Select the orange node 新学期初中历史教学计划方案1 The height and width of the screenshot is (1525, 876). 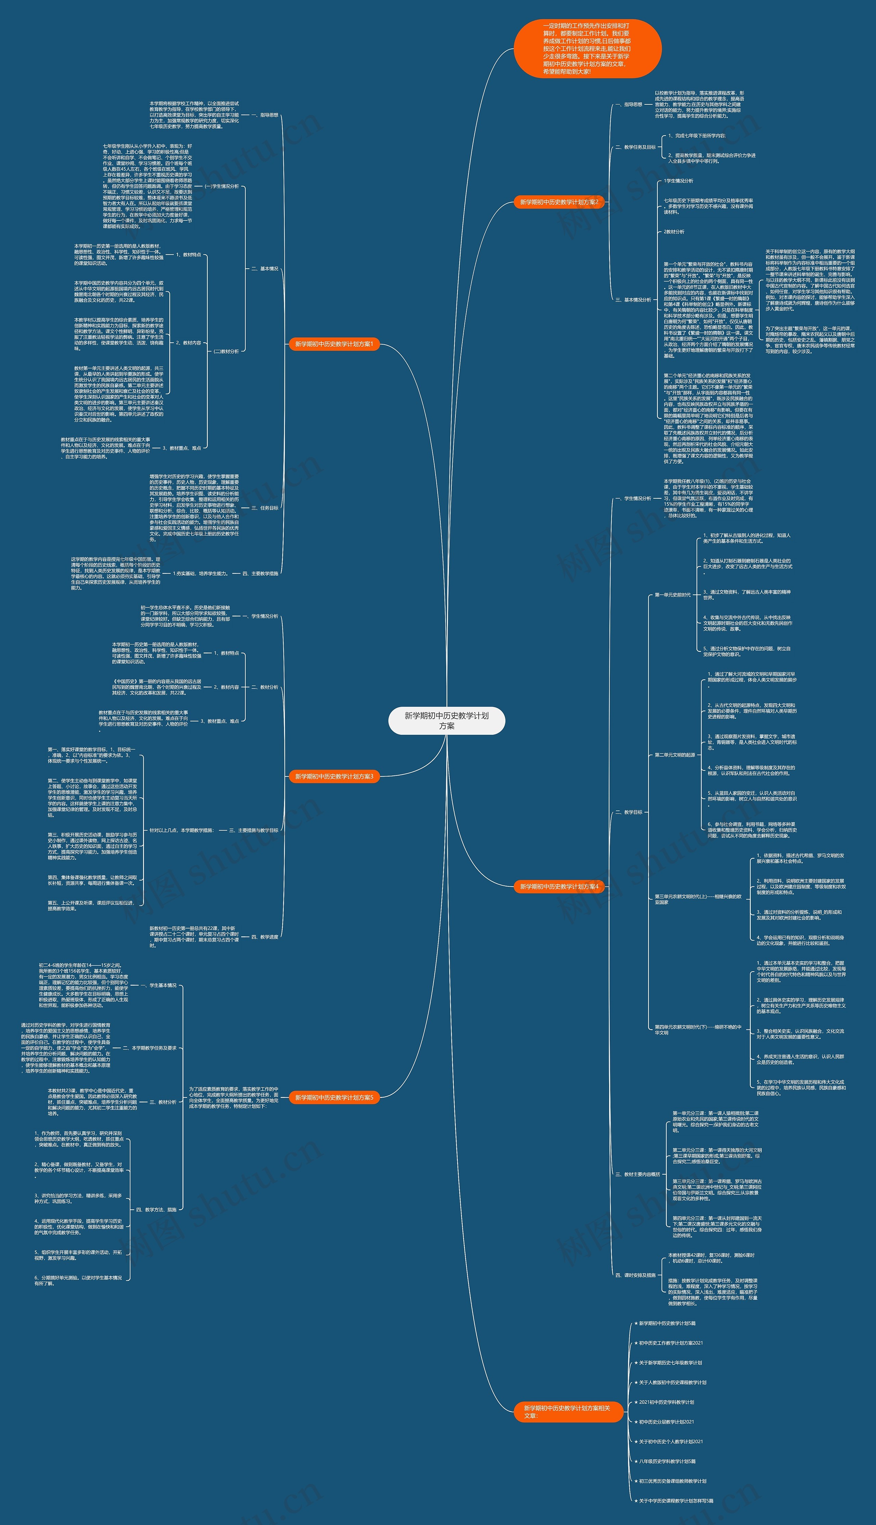[334, 344]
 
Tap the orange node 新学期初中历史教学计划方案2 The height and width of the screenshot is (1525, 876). [559, 202]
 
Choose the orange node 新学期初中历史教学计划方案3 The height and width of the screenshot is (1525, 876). [334, 777]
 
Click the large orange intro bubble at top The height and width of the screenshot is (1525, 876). [587, 49]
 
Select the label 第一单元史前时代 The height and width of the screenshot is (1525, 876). [673, 595]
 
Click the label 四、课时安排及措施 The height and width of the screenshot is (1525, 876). [635, 1276]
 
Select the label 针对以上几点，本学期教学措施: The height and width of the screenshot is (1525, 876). [182, 830]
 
